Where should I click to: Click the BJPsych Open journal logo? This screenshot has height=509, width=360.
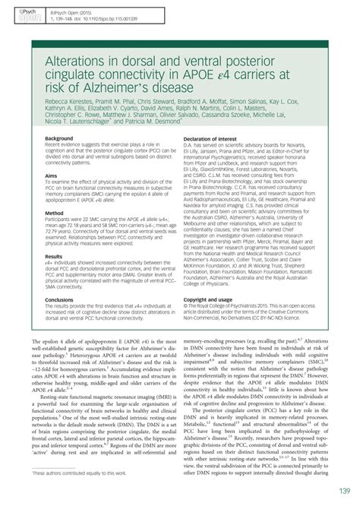[x=14, y=14]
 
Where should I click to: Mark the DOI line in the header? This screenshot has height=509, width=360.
[x=106, y=19]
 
